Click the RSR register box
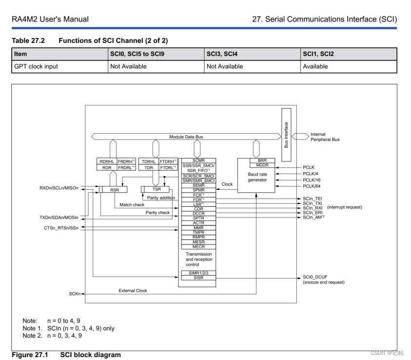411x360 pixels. click(114, 189)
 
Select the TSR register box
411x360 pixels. click(157, 189)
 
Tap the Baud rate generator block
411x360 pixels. click(257, 177)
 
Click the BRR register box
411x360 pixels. click(262, 160)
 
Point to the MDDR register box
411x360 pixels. click(262, 165)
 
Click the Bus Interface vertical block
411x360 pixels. click(286, 135)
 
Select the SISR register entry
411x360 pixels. click(198, 278)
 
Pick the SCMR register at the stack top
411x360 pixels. click(198, 160)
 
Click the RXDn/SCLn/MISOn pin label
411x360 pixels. click(59, 188)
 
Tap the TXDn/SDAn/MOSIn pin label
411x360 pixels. click(59, 218)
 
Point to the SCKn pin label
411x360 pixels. click(75, 294)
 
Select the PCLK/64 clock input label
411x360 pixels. click(312, 186)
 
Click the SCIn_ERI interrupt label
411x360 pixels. click(313, 213)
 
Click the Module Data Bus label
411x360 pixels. click(186, 137)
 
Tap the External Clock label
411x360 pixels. click(133, 291)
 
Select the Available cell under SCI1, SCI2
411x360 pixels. click(315, 66)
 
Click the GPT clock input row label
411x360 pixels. click(36, 66)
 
